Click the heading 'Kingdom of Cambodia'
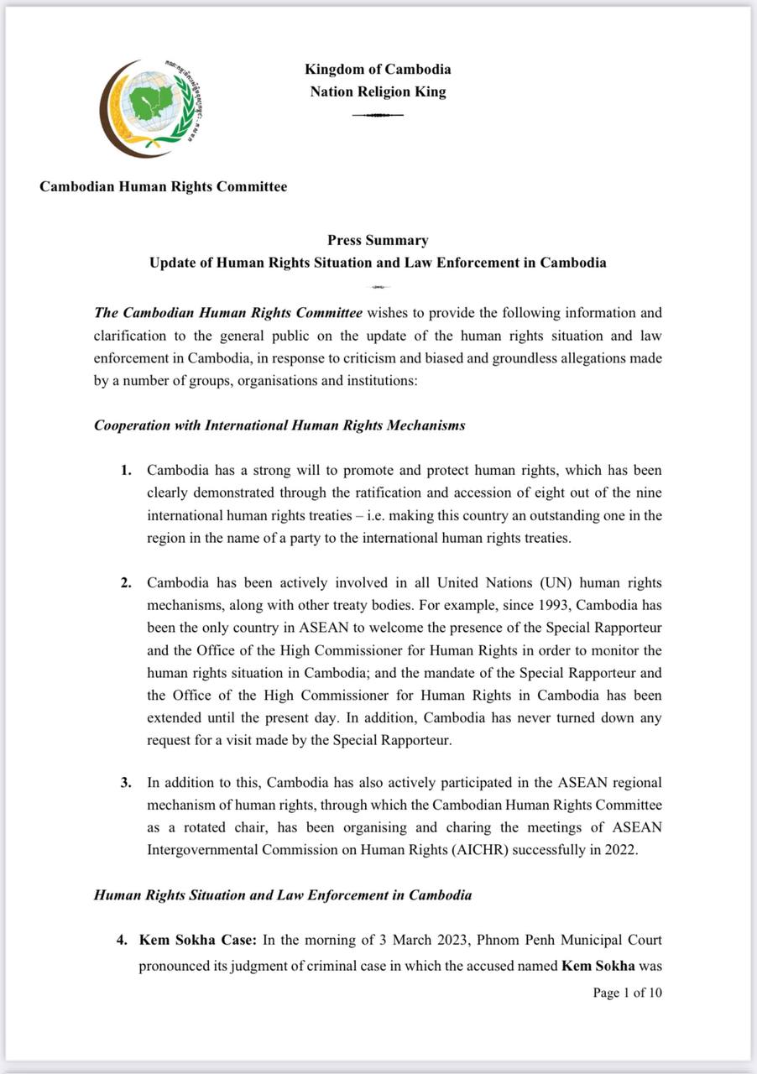[x=378, y=70]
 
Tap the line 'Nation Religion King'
[x=378, y=91]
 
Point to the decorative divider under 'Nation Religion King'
[x=378, y=114]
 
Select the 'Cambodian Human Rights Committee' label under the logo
[x=163, y=186]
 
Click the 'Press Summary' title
[x=378, y=240]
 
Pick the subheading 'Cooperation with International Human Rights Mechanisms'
[x=279, y=425]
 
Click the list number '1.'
[x=126, y=471]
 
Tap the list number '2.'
[x=126, y=582]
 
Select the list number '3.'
[x=126, y=783]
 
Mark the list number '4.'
[x=123, y=941]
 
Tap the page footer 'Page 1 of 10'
[x=627, y=993]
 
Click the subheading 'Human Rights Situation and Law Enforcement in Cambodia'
[x=283, y=895]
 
